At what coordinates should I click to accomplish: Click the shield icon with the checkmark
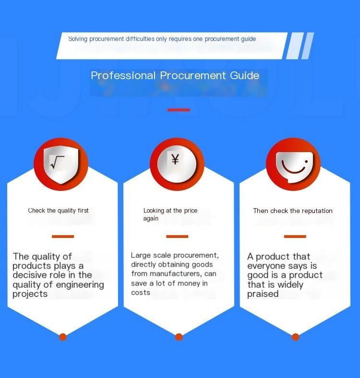pos(61,165)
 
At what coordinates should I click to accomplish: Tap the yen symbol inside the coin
pos(175,159)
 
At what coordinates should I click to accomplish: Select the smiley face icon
pos(294,167)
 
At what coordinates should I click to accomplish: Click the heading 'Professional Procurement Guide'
pos(175,75)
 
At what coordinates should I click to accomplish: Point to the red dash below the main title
pos(179,110)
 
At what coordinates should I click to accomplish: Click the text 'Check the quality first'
pos(59,211)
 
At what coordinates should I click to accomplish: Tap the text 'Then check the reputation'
pos(293,211)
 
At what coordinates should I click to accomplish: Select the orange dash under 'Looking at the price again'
pos(177,236)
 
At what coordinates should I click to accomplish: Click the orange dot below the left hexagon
pos(63,337)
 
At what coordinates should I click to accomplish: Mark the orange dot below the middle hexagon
pos(179,337)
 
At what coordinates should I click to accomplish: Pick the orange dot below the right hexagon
pos(295,337)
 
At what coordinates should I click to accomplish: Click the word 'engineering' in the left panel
pos(79,285)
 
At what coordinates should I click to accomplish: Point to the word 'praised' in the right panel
pos(263,294)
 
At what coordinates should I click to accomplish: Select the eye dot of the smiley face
pos(306,162)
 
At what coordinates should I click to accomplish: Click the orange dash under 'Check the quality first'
pos(63,236)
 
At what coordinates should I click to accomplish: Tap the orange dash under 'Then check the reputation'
pos(295,236)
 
